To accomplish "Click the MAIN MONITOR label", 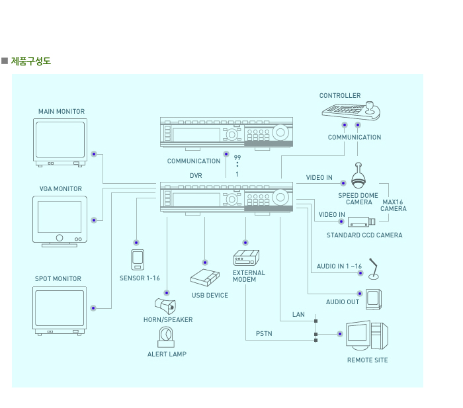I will pyautogui.click(x=62, y=112).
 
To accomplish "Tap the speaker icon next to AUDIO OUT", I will pyautogui.click(x=374, y=299).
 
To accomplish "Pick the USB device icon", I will pyautogui.click(x=205, y=278).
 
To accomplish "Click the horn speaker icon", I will pyautogui.click(x=165, y=306).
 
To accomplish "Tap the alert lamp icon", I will pyautogui.click(x=165, y=338).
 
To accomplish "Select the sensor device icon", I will pyautogui.click(x=137, y=260).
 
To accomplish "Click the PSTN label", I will pyautogui.click(x=264, y=334).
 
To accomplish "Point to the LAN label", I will pyautogui.click(x=298, y=315).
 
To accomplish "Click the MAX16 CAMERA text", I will pyautogui.click(x=393, y=205).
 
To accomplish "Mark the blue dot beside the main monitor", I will pyautogui.click(x=94, y=154).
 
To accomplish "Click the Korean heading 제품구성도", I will pyautogui.click(x=30, y=61).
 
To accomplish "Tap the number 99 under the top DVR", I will pyautogui.click(x=237, y=157).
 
